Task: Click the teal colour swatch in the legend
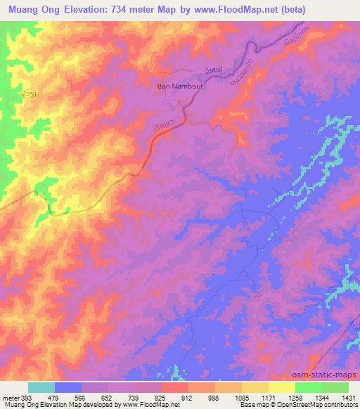click(41, 387)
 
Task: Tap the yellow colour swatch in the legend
click(281, 387)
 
